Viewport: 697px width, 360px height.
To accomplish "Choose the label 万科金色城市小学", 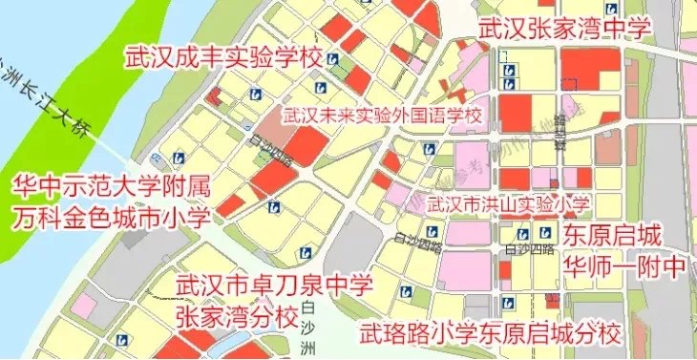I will pos(110,218).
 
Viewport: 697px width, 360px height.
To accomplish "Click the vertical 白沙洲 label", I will pos(306,329).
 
